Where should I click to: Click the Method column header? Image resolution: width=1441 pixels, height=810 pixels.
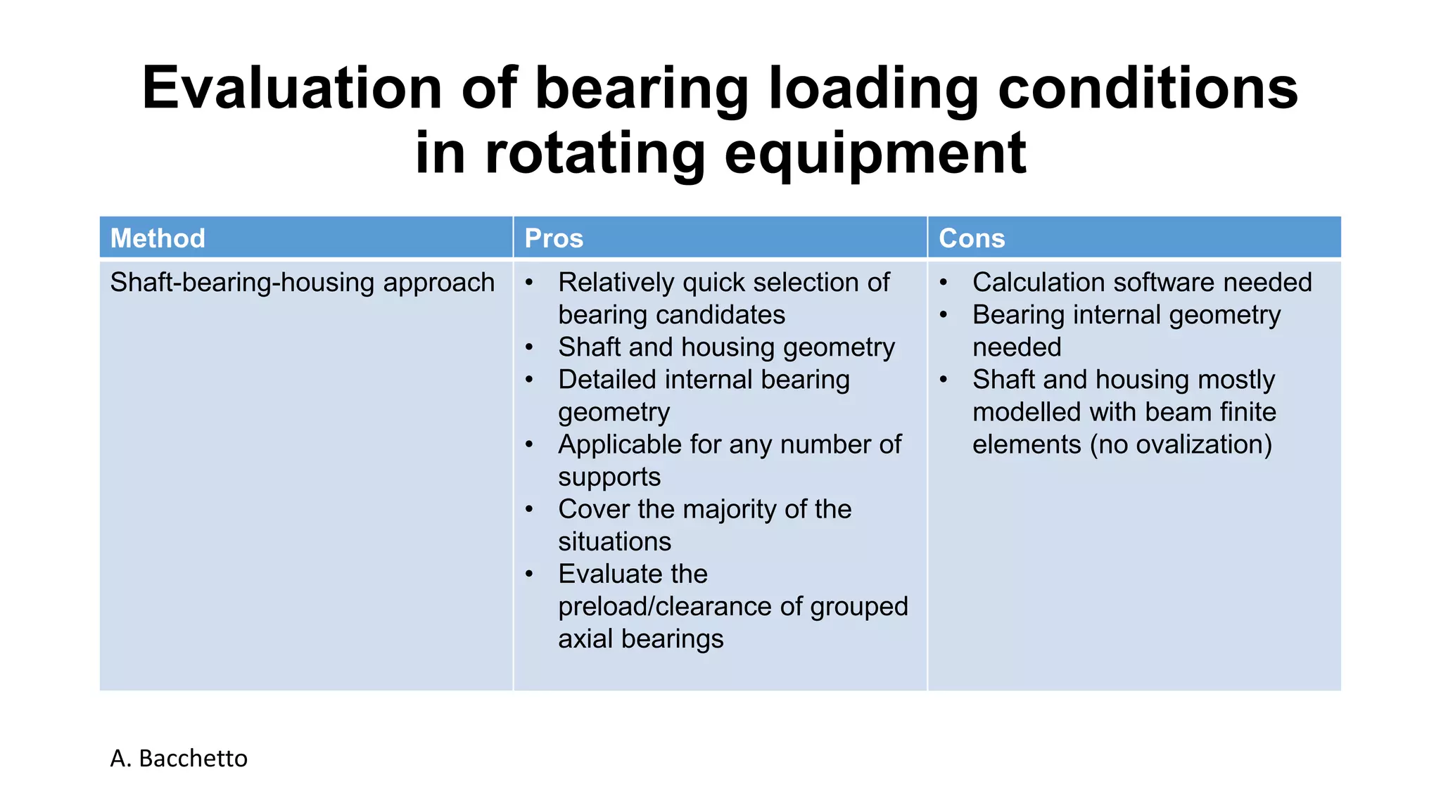pyautogui.click(x=158, y=238)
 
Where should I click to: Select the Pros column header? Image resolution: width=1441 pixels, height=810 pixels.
pyautogui.click(x=554, y=238)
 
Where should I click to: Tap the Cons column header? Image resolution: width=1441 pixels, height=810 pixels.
pyautogui.click(x=972, y=238)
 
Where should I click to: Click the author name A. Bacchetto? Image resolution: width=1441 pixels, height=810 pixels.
pyautogui.click(x=179, y=758)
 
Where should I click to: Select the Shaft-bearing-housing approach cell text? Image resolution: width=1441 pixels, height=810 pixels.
pyautogui.click(x=303, y=283)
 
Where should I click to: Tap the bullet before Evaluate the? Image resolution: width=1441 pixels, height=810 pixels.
pyautogui.click(x=529, y=574)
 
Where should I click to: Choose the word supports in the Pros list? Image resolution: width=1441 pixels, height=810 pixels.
pyautogui.click(x=609, y=477)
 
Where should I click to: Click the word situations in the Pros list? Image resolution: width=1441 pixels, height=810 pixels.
pyautogui.click(x=614, y=541)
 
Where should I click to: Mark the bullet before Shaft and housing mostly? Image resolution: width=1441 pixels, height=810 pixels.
pyautogui.click(x=944, y=380)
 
